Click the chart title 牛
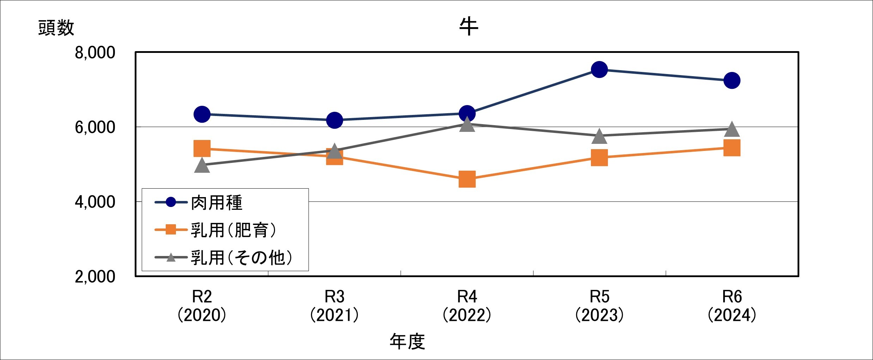point(468,27)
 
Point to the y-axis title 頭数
point(56,28)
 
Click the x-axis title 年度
point(407,341)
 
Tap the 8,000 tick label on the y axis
point(95,53)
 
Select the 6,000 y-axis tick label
point(95,127)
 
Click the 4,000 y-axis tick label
point(95,202)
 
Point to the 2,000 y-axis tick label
point(95,277)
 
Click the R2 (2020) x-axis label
point(202,306)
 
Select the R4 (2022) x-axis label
point(467,306)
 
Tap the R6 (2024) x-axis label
point(732,306)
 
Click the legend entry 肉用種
point(216,203)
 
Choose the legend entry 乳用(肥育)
point(233,230)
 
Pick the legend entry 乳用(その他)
point(241,258)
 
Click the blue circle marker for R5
point(599,69)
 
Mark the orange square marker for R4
point(467,179)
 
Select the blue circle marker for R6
point(732,80)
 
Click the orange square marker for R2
point(202,148)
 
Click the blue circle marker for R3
point(335,120)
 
